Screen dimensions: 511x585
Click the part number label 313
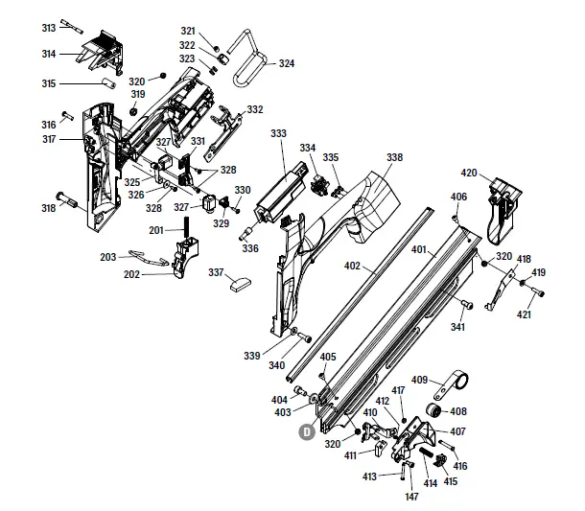tap(48, 28)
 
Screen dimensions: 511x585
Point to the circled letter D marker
tap(307, 431)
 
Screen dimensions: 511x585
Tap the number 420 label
tap(468, 173)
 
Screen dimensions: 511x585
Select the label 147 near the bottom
tap(411, 497)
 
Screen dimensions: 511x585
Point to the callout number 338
tap(394, 157)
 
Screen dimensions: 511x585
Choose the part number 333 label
tap(278, 133)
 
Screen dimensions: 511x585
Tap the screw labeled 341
tap(467, 305)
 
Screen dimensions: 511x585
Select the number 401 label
tap(418, 249)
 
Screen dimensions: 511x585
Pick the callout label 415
tap(450, 481)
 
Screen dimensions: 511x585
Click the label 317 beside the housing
tap(48, 140)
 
